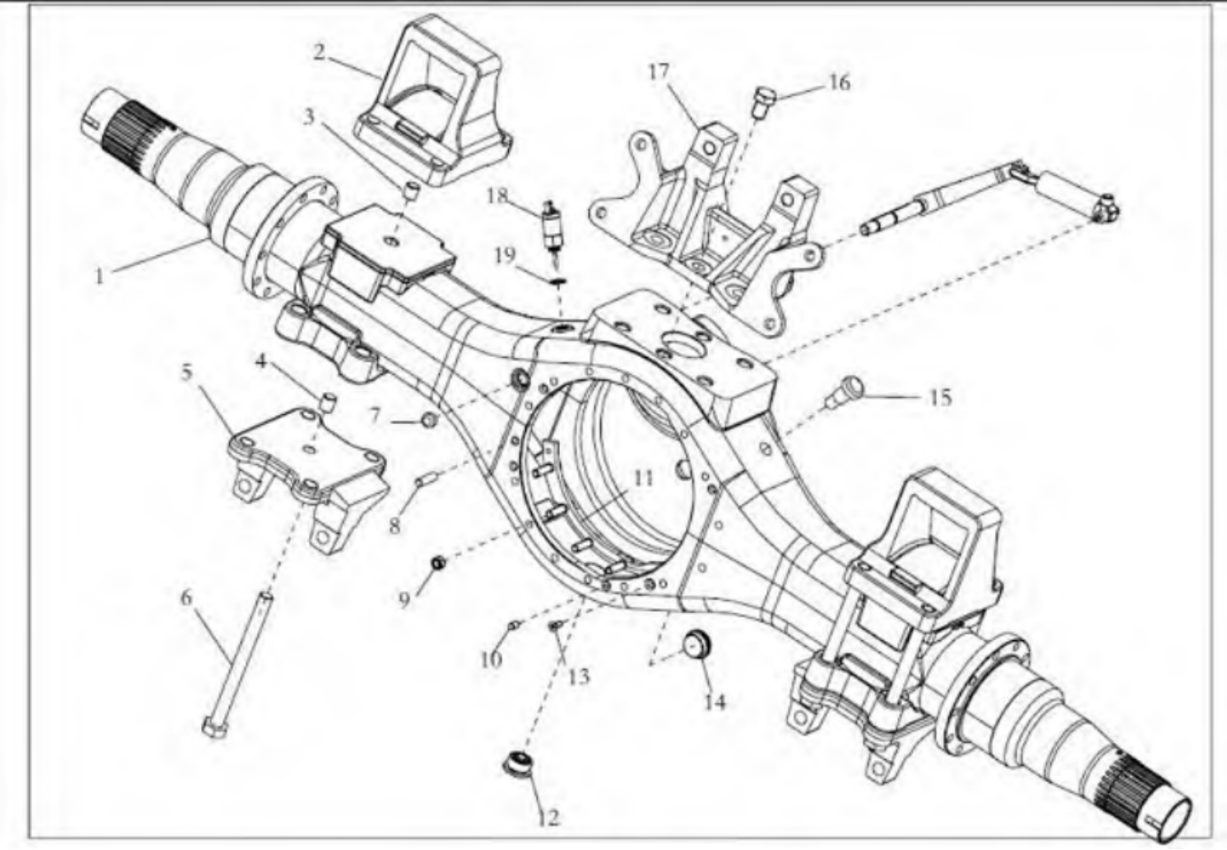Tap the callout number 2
coord(319,53)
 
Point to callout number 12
coord(549,817)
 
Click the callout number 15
coord(940,397)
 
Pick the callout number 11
coord(643,478)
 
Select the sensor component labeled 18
coord(550,225)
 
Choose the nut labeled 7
coord(430,420)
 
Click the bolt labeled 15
coord(842,394)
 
